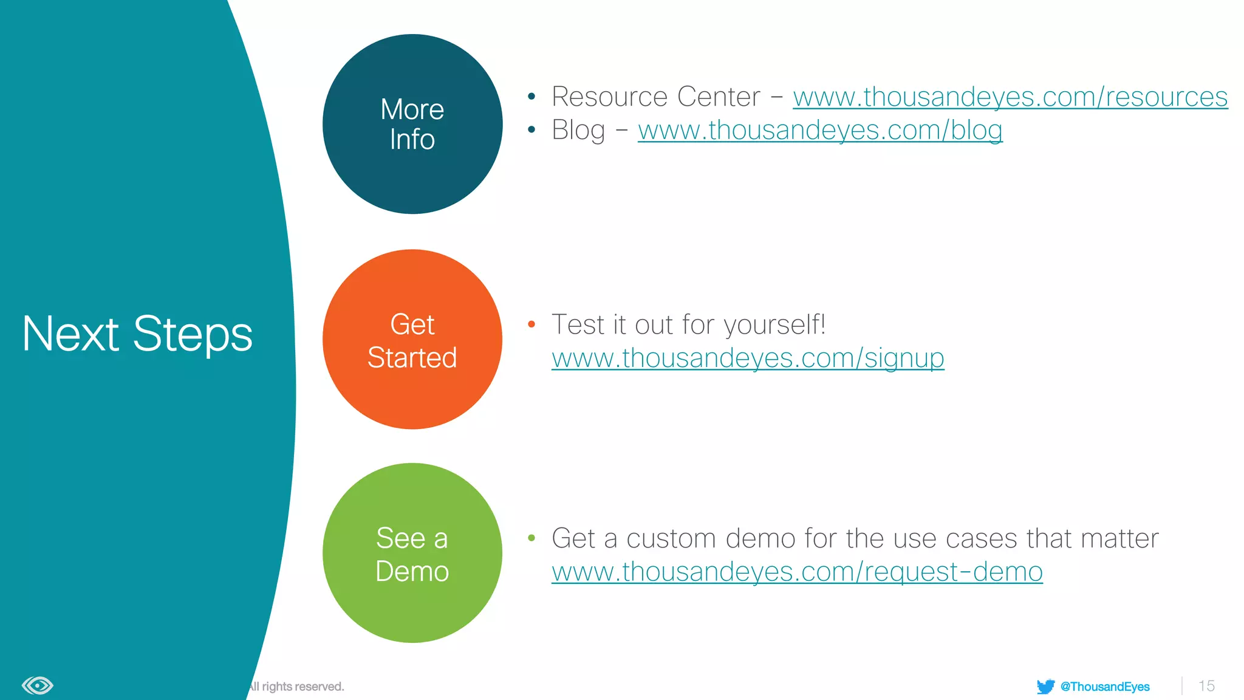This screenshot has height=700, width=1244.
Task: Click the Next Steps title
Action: [137, 334]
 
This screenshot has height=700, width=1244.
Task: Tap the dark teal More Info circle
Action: [412, 124]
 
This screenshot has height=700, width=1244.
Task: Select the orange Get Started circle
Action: [412, 340]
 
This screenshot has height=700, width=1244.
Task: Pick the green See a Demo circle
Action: [412, 553]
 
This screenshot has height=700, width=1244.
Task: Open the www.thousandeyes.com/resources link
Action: [1010, 97]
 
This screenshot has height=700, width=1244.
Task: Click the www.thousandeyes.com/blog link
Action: [820, 131]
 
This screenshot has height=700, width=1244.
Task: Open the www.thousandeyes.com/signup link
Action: [748, 359]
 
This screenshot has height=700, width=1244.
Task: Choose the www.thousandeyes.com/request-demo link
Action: [797, 572]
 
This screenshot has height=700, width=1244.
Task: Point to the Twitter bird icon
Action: [1045, 687]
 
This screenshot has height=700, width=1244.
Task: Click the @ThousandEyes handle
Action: [1105, 687]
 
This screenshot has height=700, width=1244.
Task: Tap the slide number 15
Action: [1206, 686]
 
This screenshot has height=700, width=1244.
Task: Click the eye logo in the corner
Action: [38, 686]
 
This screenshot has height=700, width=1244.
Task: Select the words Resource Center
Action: [655, 97]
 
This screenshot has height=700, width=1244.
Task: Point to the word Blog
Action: [578, 131]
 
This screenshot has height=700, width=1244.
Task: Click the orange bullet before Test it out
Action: [531, 324]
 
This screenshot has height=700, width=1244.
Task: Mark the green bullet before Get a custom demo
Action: [531, 538]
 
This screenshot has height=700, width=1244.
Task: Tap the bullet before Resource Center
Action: [531, 96]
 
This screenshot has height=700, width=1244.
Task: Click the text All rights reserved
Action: [296, 687]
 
